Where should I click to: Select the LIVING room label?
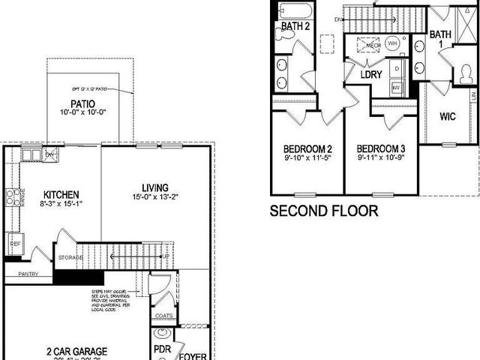tap(155, 187)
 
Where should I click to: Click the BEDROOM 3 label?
tap(381, 148)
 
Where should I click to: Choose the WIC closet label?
tap(448, 116)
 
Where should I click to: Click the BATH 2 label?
tap(295, 26)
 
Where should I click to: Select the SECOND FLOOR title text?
tap(324, 211)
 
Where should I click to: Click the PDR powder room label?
tap(162, 350)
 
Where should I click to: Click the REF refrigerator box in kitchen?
tap(15, 244)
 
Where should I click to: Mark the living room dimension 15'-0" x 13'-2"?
tap(155, 199)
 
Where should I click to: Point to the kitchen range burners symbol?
tap(12, 198)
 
